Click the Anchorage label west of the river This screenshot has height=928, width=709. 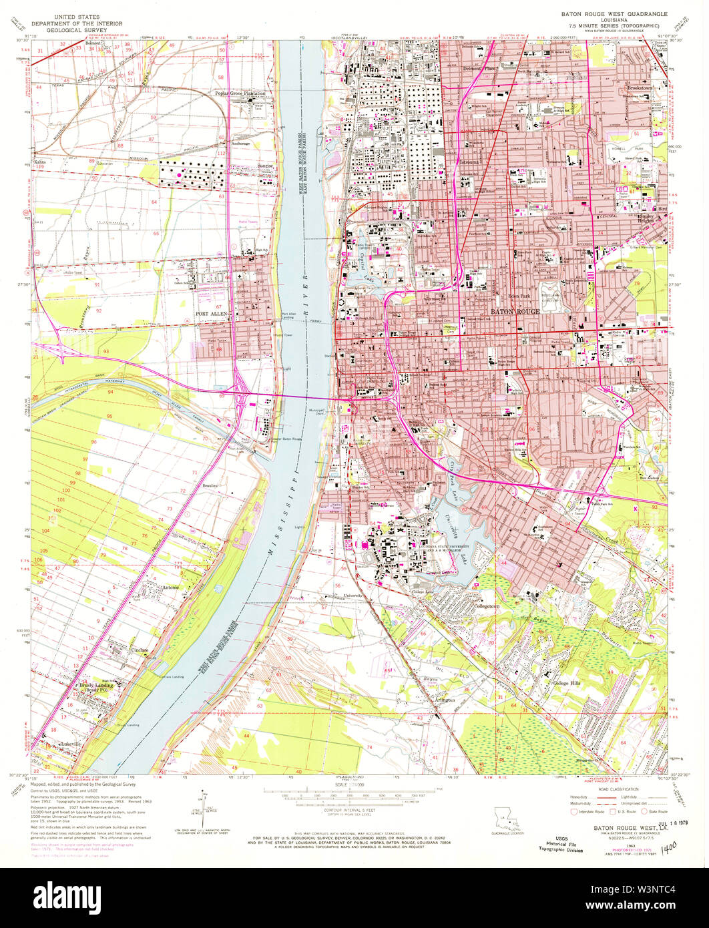click(240, 143)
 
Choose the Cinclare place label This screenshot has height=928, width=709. click(140, 649)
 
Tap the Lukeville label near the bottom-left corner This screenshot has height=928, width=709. click(69, 743)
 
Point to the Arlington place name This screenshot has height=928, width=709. click(442, 700)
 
